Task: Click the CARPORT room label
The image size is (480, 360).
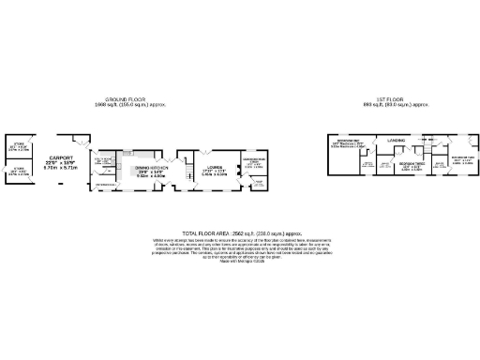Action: coord(61,157)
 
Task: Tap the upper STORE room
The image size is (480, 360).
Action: coord(18,147)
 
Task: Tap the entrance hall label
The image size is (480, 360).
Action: coord(106,185)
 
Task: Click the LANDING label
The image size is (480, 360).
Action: coord(397,142)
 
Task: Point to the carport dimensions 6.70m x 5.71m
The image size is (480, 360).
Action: coord(61,170)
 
